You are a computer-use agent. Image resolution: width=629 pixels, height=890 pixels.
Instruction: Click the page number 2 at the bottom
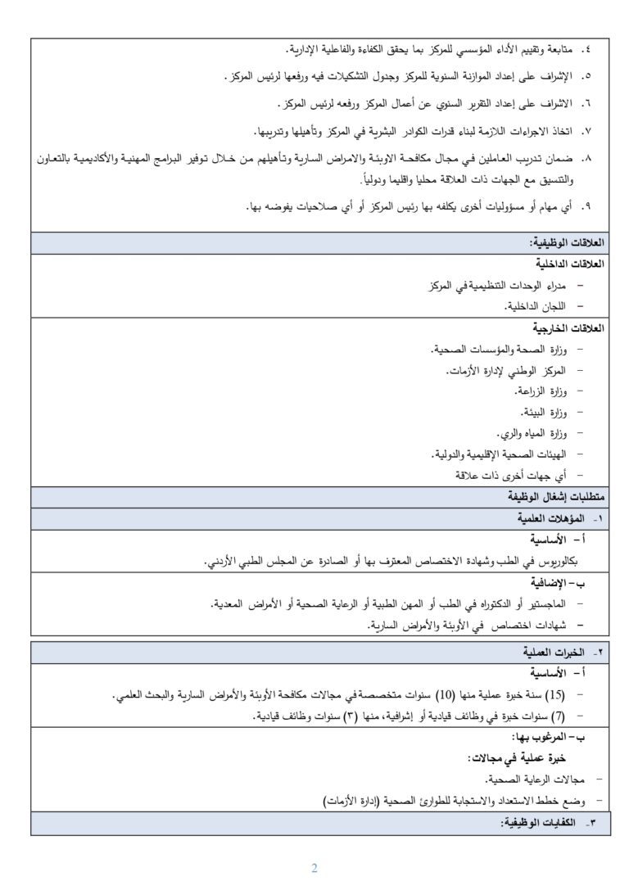coord(314,868)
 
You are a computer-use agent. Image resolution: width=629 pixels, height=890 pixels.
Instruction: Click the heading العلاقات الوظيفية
coord(566,243)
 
